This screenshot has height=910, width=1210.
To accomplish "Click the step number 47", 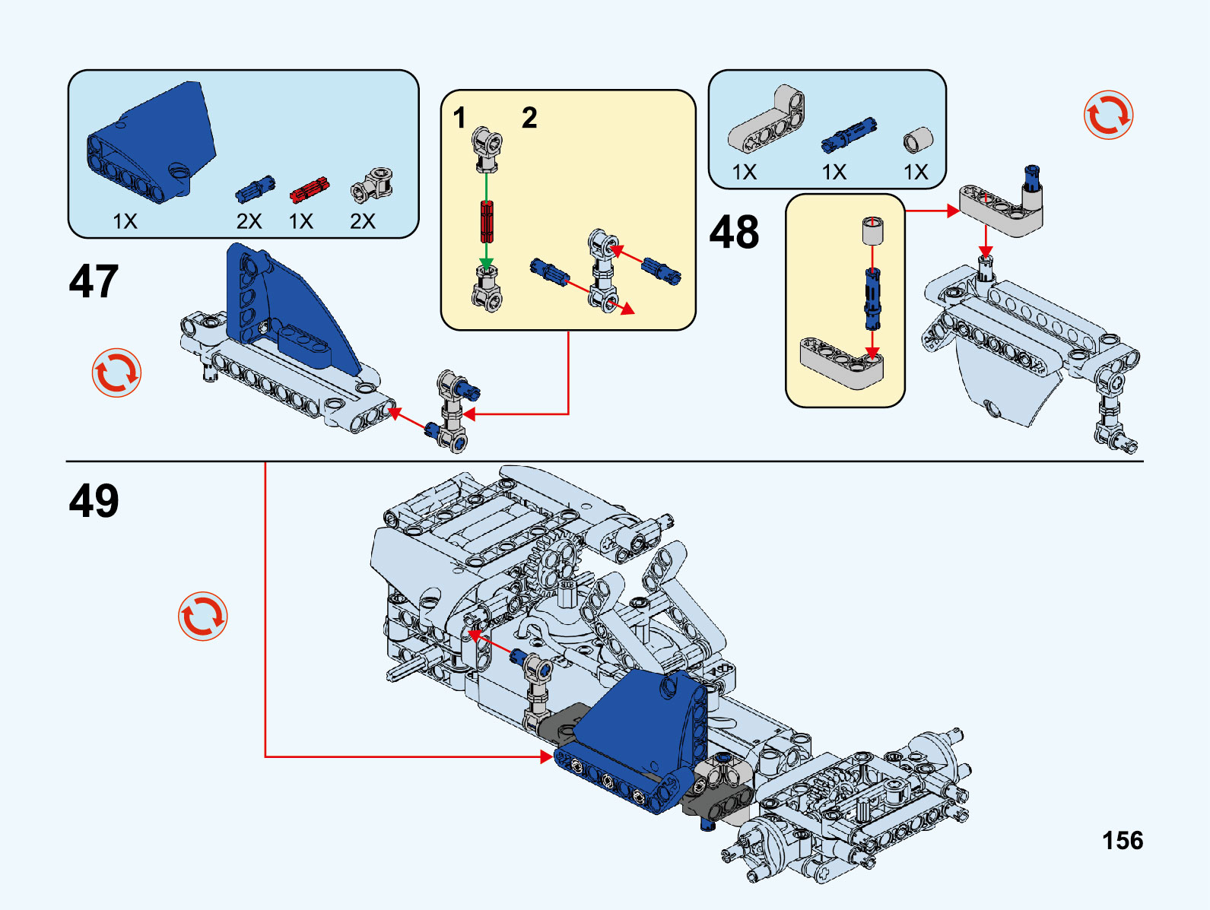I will [x=94, y=281].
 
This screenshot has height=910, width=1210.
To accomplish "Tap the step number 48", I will [x=734, y=232].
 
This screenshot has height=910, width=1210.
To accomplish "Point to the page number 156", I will [x=1123, y=840].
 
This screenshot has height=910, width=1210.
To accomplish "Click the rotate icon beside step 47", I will [x=116, y=373].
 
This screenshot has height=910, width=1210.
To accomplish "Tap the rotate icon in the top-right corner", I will [x=1108, y=115].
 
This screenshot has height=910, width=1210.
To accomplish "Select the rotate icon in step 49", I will [x=202, y=616].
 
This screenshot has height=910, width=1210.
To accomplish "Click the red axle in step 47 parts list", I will [x=309, y=190].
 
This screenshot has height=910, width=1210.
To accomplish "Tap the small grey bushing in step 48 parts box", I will [x=918, y=141].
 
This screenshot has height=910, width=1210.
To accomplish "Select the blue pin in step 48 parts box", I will [x=848, y=135].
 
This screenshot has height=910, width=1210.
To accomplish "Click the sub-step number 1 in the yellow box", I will [x=459, y=118].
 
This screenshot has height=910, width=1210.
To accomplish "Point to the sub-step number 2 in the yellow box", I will [x=529, y=118].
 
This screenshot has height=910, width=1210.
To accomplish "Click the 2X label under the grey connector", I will [x=363, y=221].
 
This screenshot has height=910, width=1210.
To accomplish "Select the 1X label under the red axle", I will [x=301, y=221].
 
